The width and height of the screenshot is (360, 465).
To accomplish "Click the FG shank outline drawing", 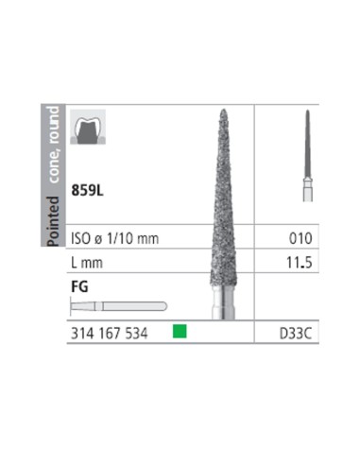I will coord(118,306).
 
